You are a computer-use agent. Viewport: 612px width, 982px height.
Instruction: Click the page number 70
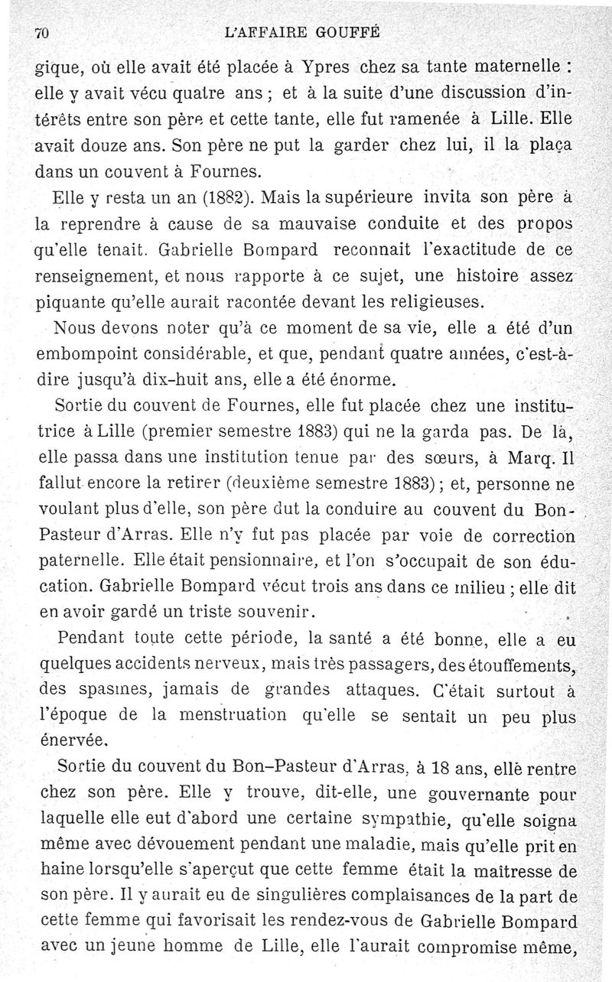pos(42,33)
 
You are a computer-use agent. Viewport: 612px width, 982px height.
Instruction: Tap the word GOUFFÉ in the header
pos(346,32)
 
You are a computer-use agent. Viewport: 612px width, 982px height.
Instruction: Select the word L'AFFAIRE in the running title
pos(262,32)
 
